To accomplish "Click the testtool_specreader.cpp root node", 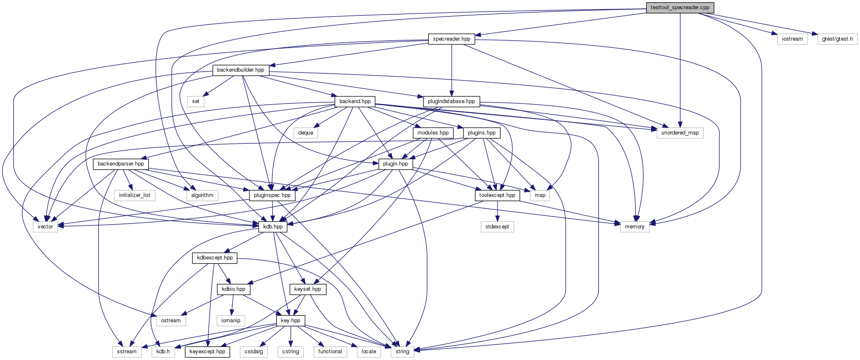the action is (680, 8).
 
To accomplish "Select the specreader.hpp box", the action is (452, 39).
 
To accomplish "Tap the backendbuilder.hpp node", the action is (241, 70).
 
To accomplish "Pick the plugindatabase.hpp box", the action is (451, 101).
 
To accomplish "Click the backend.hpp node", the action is (355, 101).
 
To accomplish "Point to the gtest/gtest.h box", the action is (837, 39).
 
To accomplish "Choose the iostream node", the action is (792, 39).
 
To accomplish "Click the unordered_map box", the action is (680, 133).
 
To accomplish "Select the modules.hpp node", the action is (433, 133).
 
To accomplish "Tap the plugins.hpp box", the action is (482, 133).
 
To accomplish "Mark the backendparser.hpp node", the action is (121, 164).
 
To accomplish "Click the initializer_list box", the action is (135, 195).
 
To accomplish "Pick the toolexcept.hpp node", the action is (497, 195).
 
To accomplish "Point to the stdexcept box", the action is (497, 227).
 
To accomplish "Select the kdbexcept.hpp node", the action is (215, 258).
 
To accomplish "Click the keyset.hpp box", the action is (308, 289).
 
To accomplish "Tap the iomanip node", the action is (231, 321).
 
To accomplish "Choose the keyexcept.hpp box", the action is (207, 352).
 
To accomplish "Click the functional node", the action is (330, 352).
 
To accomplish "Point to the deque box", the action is (306, 133).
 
